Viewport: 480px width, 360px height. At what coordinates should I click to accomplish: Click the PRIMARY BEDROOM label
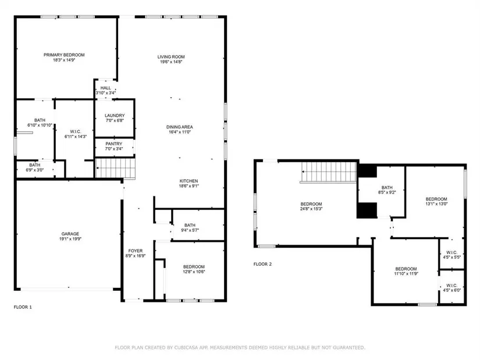click(64, 55)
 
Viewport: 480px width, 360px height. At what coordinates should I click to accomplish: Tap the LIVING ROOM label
click(171, 57)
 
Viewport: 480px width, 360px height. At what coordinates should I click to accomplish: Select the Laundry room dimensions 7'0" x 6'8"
click(115, 120)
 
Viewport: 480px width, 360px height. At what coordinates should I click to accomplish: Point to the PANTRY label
click(114, 144)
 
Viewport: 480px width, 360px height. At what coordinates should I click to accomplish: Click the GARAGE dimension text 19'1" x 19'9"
click(70, 239)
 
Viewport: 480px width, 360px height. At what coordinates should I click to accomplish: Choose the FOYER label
click(136, 251)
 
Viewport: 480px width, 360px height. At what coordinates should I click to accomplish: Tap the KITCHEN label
click(189, 181)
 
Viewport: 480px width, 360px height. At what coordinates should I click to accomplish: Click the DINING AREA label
click(180, 127)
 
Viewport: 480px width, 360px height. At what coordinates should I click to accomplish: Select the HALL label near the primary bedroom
click(106, 88)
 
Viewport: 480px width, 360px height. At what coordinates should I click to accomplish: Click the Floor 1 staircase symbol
click(115, 167)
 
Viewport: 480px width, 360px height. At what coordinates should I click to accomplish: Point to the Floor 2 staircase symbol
click(329, 172)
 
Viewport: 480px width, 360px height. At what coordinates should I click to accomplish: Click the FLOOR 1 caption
click(23, 307)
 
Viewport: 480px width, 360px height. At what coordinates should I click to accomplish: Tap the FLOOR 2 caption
click(262, 264)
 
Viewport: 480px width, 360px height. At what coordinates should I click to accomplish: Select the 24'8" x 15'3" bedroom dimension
click(311, 209)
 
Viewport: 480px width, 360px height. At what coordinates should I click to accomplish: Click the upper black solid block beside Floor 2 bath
click(367, 171)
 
